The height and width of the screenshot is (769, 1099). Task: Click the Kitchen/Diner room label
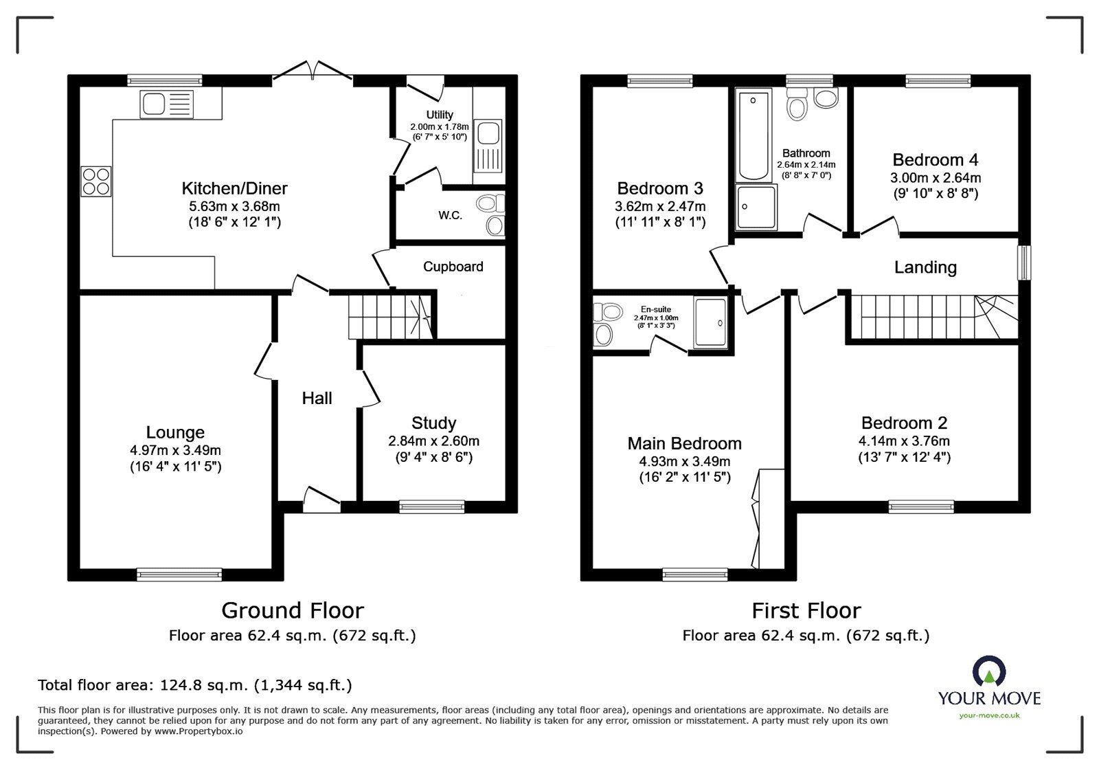tap(234, 188)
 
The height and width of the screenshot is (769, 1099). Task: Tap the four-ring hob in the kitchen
tap(96, 181)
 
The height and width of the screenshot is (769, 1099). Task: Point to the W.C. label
tap(450, 215)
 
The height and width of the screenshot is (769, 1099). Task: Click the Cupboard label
tap(453, 267)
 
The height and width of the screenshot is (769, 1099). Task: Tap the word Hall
tap(317, 398)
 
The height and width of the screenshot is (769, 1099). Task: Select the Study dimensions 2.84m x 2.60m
tap(433, 441)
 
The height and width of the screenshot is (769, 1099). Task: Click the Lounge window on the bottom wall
tap(179, 575)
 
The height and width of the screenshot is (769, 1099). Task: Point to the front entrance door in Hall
tap(321, 500)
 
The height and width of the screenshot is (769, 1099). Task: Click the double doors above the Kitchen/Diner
tap(313, 71)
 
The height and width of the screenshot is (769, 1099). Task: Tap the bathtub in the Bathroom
tap(754, 135)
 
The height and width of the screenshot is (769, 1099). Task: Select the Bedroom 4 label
tap(935, 160)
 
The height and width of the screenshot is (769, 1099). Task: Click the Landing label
tap(925, 267)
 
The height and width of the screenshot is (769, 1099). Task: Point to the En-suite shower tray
tap(710, 322)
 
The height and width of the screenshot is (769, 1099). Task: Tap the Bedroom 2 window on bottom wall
tap(920, 506)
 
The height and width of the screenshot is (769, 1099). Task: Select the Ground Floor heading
tap(292, 610)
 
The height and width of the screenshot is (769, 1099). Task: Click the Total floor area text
tap(194, 685)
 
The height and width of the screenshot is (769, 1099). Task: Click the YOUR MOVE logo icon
tap(988, 673)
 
